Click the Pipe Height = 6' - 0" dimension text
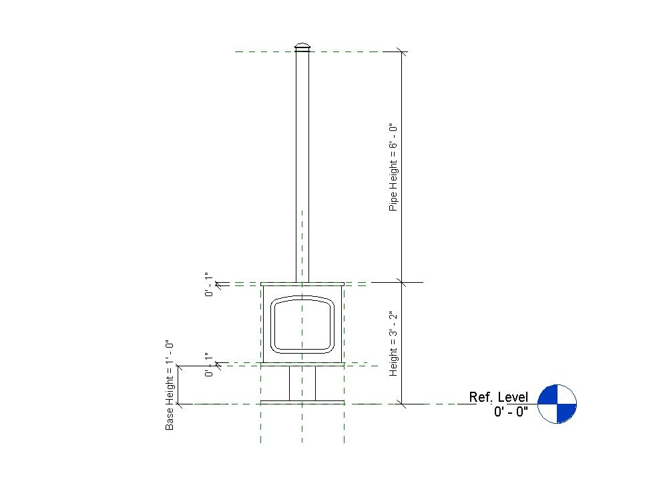[x=393, y=167]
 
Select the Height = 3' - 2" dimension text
[x=393, y=343]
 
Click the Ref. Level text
[x=498, y=397]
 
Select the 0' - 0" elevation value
[x=511, y=412]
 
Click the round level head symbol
[x=557, y=404]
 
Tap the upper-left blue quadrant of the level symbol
[x=548, y=395]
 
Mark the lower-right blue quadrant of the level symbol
[x=566, y=412]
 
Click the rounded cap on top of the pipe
[x=302, y=47]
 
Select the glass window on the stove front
[x=302, y=323]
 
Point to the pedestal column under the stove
[x=302, y=382]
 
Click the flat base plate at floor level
[x=302, y=402]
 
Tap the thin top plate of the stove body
[x=302, y=284]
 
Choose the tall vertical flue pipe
[x=302, y=167]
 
